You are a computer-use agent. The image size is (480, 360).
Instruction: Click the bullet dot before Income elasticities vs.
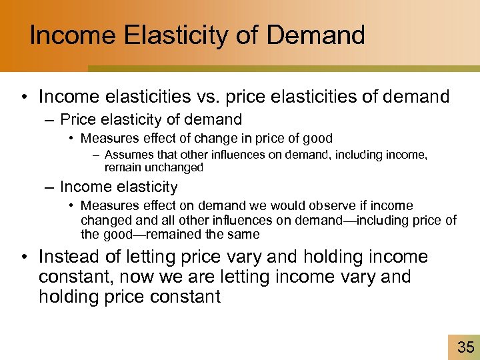[x=24, y=98]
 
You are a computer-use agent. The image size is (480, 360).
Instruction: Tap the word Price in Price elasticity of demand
[x=75, y=120]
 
